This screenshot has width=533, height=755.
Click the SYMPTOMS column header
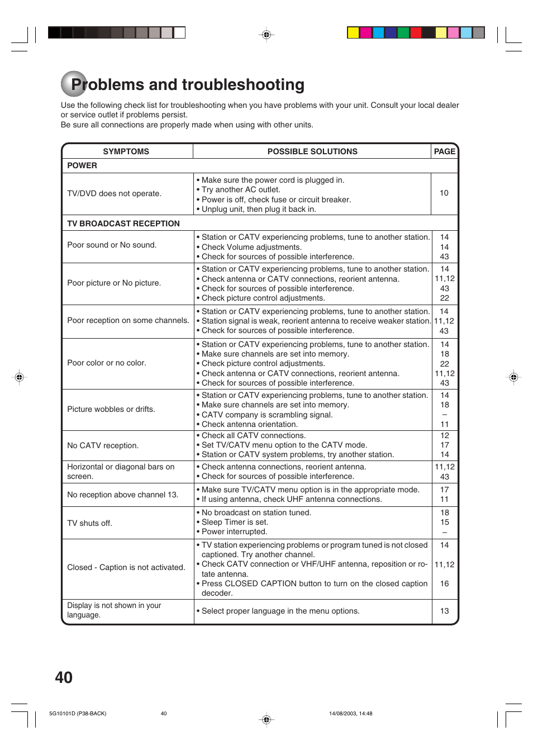pos(126,151)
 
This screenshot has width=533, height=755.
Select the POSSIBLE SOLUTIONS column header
pos(312,151)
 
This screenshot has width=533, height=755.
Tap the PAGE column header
pos(444,151)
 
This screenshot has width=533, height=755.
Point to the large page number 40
pos(64,677)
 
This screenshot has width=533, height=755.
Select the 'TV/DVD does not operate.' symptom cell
pos(114,193)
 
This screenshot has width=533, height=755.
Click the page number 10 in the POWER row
pos(444,193)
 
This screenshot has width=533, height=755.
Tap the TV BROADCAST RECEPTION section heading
pos(123,224)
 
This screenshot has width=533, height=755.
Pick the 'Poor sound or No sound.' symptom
pos(112,245)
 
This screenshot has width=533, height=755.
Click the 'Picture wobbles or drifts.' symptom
pos(111,409)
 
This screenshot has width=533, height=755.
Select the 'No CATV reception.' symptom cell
pos(103,445)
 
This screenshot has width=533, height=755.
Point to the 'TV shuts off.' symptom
pos(89,523)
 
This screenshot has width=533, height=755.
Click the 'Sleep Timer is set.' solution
pos(235,522)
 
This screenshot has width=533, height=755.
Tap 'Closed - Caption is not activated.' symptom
pos(126,567)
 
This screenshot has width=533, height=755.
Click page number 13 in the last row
pos(444,611)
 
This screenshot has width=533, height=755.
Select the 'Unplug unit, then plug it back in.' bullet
pos(258,209)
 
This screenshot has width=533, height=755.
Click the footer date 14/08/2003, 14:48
pos(350,714)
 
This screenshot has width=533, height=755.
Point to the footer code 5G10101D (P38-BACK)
pos(78,714)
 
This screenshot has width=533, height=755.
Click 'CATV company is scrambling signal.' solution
pos(266,415)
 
